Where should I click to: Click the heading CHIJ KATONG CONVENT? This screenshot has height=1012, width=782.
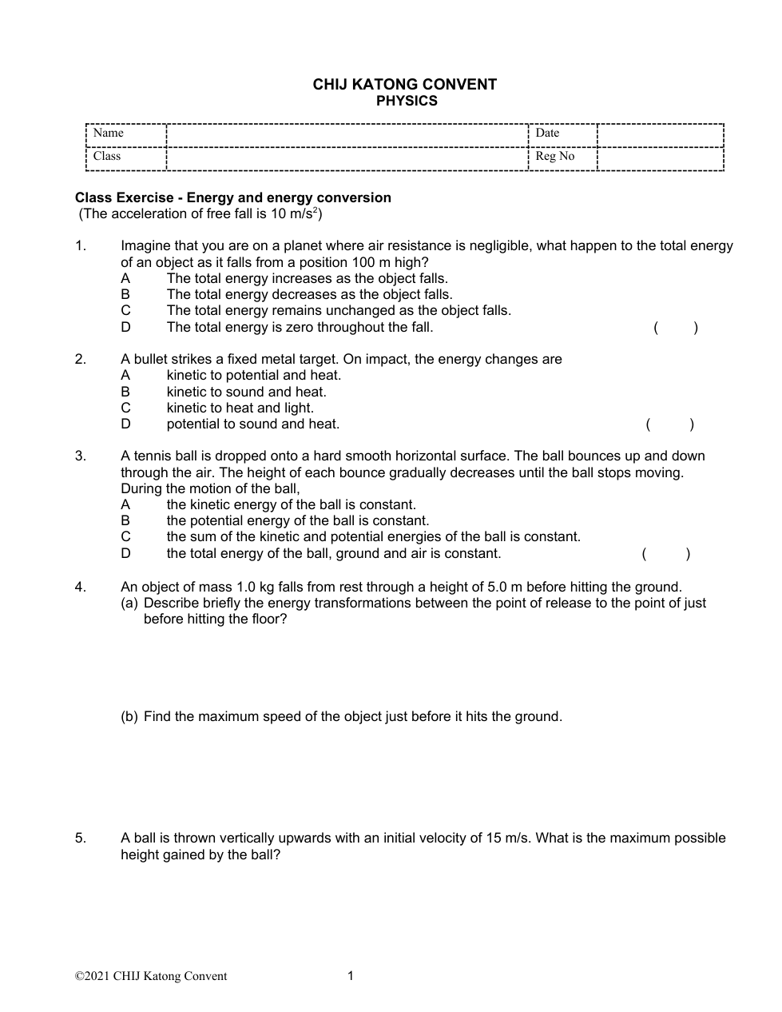click(x=404, y=85)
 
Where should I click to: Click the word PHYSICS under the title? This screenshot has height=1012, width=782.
click(x=407, y=101)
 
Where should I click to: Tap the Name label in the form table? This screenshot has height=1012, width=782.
click(x=108, y=133)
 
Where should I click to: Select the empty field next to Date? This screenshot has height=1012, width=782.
click(x=660, y=135)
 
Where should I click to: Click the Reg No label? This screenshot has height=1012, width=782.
click(x=554, y=157)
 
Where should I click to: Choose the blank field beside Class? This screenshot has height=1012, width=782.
click(x=347, y=158)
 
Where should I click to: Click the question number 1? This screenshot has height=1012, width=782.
click(x=80, y=246)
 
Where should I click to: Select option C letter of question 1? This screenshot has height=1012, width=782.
click(x=125, y=310)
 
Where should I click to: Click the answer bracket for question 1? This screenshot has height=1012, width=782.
click(x=675, y=327)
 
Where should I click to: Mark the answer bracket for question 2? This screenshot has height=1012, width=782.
click(x=669, y=424)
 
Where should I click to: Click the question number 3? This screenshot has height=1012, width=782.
click(x=80, y=456)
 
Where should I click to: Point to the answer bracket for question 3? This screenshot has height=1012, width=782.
click(x=666, y=553)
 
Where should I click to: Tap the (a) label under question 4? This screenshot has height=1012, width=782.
click(x=129, y=603)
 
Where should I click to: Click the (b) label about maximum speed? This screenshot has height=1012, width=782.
click(x=129, y=716)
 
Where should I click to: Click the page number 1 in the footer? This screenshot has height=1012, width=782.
click(x=350, y=975)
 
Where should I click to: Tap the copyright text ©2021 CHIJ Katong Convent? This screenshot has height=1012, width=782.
click(x=151, y=976)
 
